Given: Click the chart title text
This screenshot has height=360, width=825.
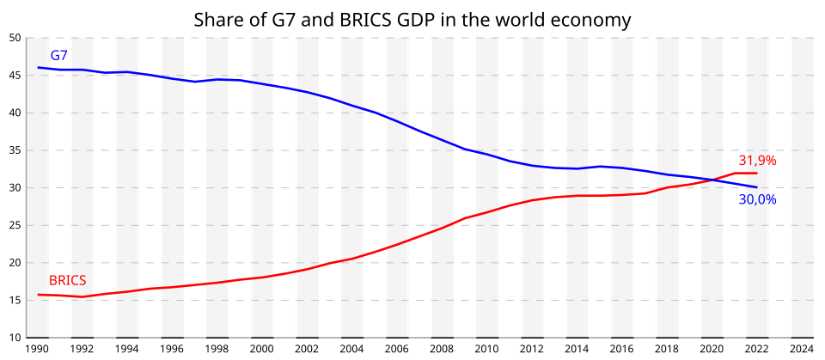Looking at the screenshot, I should tap(412, 19).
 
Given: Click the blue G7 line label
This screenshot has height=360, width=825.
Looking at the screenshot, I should tap(58, 56).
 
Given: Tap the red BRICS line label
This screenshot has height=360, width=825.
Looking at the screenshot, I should tap(67, 280).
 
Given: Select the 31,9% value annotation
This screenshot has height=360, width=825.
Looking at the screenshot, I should tap(757, 161).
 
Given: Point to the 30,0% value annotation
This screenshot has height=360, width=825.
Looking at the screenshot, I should tap(757, 200).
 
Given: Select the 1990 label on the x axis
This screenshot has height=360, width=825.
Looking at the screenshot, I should tap(37, 350).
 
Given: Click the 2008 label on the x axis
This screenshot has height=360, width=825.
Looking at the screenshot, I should tap(441, 350).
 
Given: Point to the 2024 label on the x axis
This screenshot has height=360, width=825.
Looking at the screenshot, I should tap(801, 350).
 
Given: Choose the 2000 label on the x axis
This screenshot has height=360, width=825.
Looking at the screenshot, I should tap(261, 350).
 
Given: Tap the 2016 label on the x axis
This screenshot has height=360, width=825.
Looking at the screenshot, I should tap(621, 350).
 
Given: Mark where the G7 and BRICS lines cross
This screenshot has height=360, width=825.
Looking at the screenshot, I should tap(712, 180).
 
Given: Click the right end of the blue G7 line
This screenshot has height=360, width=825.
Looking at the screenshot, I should tap(756, 187).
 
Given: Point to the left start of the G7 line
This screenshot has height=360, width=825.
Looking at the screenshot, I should tap(38, 67).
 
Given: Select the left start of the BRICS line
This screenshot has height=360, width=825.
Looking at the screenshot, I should tap(38, 295).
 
